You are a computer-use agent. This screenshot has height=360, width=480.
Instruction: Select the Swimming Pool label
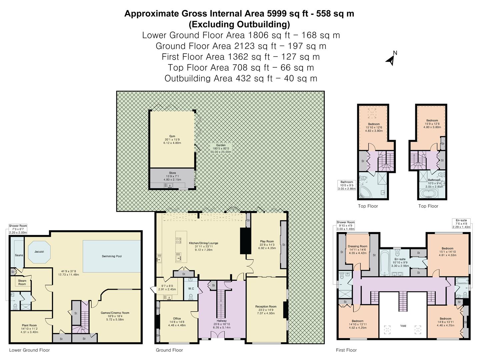pos(112,256)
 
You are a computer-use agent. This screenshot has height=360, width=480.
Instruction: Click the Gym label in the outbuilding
pos(172,136)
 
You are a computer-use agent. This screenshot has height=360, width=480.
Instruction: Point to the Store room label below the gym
pos(172,173)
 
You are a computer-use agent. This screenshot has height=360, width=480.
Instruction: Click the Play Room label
pos(267,241)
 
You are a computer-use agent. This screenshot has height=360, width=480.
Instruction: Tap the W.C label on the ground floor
pos(191,289)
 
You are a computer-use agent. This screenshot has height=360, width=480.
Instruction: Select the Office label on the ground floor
pos(177,319)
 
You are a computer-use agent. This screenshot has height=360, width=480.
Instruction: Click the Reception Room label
pos(266,307)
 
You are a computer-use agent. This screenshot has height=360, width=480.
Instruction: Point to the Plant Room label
pos(30,325)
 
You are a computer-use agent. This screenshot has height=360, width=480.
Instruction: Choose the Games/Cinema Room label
pos(115,313)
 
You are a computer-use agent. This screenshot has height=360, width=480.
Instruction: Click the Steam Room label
pos(22,282)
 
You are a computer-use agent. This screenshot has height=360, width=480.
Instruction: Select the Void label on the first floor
pos(403,326)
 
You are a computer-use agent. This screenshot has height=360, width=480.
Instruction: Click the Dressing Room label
pos(357,246)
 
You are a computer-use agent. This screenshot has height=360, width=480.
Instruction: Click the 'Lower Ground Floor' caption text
pos(29,350)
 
